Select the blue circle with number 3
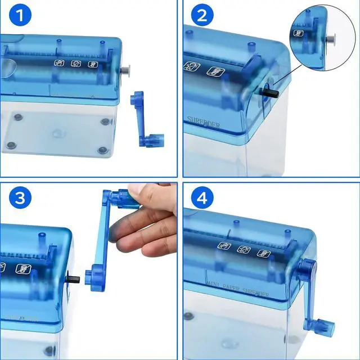20,199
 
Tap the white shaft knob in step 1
125,70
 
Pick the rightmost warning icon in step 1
92,64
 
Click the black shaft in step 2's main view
270,90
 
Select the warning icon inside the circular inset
299,33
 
